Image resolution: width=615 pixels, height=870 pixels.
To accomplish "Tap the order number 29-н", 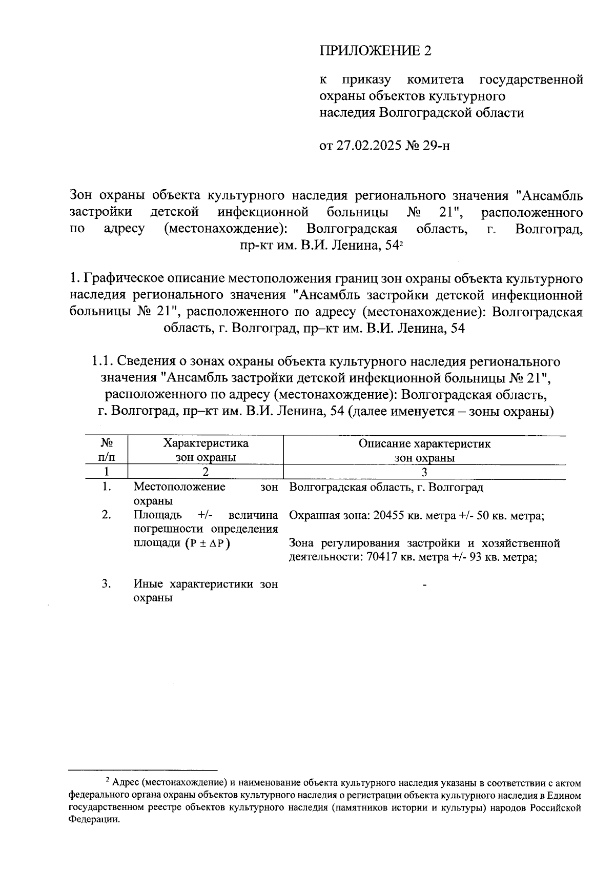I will point(437,146).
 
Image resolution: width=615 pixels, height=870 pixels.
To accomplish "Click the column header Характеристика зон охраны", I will point(206,450).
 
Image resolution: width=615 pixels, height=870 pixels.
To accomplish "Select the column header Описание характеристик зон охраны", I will point(424,450).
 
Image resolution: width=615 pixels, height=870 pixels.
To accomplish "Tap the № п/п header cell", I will point(107,450).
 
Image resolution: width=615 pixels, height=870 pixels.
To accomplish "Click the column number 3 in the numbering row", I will point(424,472).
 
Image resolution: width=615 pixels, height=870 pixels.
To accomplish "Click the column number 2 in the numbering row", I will point(206,472).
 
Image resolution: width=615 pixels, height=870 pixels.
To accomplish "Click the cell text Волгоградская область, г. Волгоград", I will point(386,487).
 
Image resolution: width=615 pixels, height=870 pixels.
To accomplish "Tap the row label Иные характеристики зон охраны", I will point(205,591).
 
